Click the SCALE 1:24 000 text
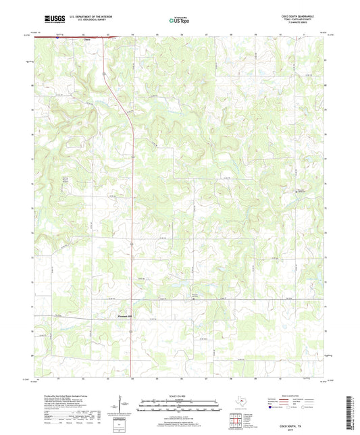tap(179, 395)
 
